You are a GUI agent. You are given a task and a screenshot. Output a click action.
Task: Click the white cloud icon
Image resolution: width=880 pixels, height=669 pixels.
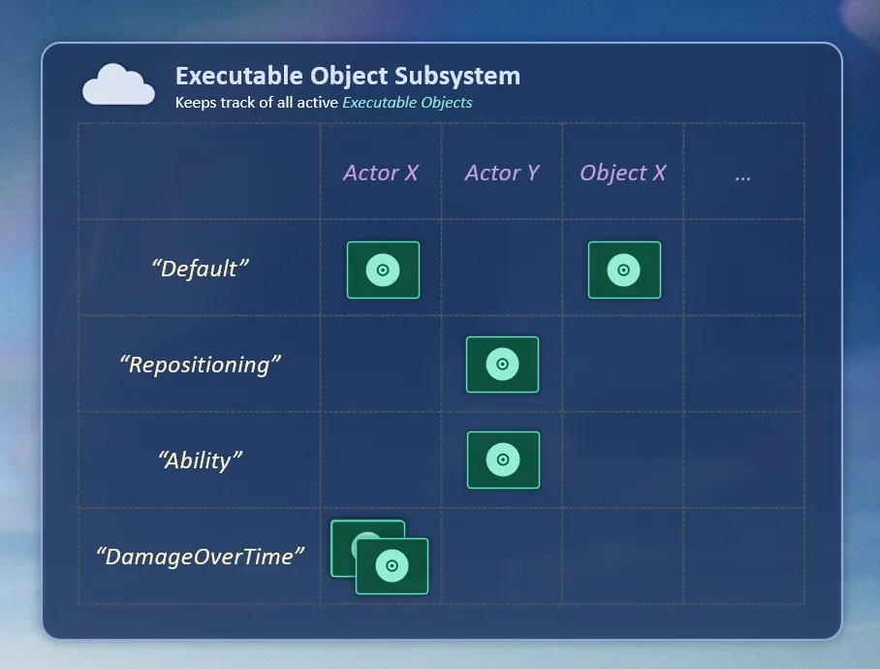tap(118, 84)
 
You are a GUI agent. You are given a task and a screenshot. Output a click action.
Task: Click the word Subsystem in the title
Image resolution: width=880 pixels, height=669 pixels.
tap(457, 77)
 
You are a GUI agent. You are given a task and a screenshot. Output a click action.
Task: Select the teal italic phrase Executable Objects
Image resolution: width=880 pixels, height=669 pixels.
tap(407, 103)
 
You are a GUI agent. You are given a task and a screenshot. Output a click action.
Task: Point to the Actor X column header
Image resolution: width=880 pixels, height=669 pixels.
tap(381, 173)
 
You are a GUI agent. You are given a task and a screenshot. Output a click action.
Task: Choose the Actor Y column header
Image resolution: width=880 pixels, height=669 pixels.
tap(502, 173)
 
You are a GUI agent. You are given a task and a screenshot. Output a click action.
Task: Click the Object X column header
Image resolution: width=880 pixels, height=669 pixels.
tap(623, 173)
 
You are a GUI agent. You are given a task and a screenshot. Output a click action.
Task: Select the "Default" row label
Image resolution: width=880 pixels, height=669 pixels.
tap(200, 269)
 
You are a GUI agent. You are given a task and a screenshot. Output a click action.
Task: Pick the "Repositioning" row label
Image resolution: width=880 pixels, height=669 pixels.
tap(200, 365)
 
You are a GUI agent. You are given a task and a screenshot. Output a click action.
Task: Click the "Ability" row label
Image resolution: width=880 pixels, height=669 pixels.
tap(200, 461)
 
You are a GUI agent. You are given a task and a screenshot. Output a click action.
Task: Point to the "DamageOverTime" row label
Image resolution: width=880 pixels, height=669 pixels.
tap(200, 557)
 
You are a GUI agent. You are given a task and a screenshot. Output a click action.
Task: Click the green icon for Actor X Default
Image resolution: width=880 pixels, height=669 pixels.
tap(384, 270)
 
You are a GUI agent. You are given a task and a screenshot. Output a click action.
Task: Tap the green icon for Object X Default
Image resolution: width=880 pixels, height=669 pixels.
tap(625, 270)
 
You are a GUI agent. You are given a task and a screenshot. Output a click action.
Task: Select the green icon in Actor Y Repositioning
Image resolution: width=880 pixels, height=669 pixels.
tap(502, 365)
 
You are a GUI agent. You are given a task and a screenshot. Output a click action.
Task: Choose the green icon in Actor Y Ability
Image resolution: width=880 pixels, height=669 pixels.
tap(503, 461)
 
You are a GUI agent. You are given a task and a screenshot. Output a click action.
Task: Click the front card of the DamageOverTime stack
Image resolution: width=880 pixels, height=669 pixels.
tap(392, 565)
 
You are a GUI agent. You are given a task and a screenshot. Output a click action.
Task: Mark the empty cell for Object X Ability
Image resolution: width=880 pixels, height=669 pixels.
tap(623, 460)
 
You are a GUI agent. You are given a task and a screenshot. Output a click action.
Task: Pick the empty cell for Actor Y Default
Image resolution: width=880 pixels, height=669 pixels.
tap(502, 268)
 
